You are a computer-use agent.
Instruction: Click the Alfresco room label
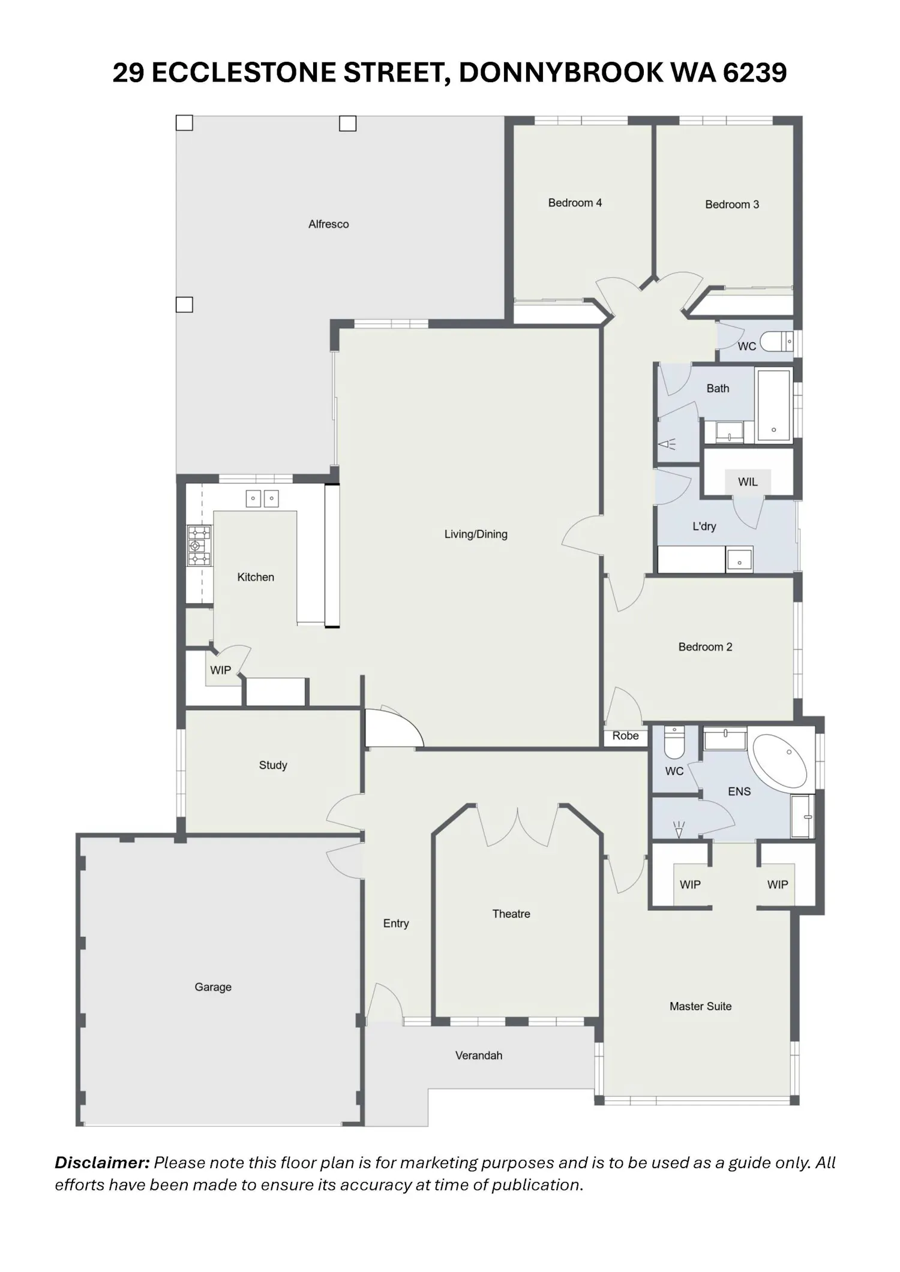click(328, 224)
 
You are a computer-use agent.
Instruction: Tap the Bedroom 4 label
click(575, 203)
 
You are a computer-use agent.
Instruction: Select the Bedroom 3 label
click(732, 205)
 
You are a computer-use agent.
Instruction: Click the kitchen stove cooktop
click(199, 546)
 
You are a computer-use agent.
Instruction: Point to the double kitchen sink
click(262, 498)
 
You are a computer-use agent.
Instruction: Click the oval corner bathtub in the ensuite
click(780, 760)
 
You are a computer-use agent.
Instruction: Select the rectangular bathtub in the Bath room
click(774, 405)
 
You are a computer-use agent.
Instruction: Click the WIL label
click(748, 482)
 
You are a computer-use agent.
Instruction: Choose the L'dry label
click(704, 527)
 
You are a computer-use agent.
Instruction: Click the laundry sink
click(739, 559)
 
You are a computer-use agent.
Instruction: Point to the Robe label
click(625, 736)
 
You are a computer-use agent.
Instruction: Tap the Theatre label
click(511, 914)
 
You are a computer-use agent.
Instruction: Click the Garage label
click(213, 987)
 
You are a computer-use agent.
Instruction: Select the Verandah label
click(479, 1056)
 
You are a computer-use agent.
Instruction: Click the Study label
click(273, 765)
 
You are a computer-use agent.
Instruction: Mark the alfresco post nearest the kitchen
click(184, 305)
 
